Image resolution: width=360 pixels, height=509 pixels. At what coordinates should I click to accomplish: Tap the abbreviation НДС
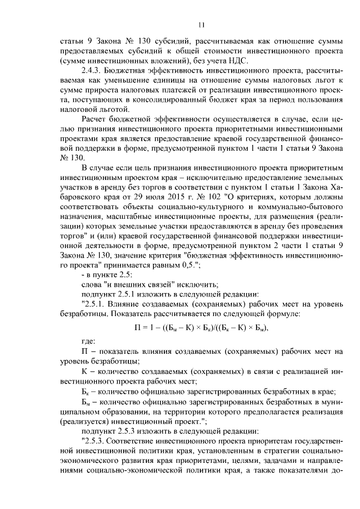tap(238, 61)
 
